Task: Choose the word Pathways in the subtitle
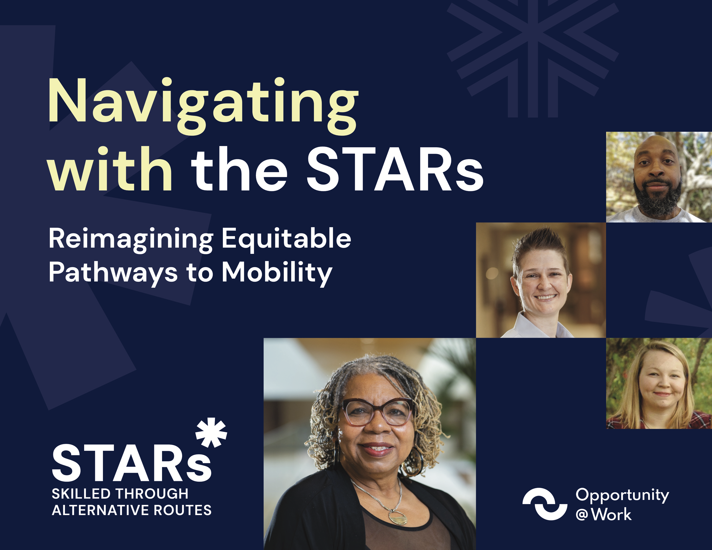pos(113,273)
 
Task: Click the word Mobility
pos(277,273)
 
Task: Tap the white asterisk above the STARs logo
pos(211,432)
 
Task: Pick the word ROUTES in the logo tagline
pos(183,510)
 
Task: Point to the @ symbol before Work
pos(582,515)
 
